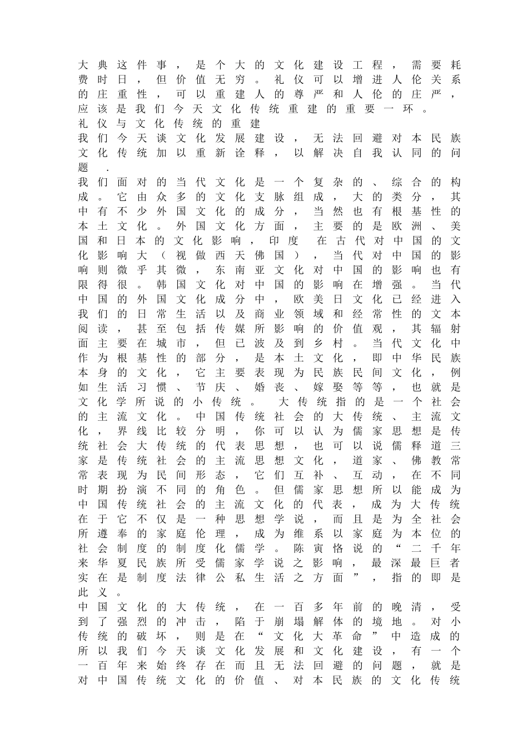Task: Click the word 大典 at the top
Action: [92, 65]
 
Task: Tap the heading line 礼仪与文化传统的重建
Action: [170, 123]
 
